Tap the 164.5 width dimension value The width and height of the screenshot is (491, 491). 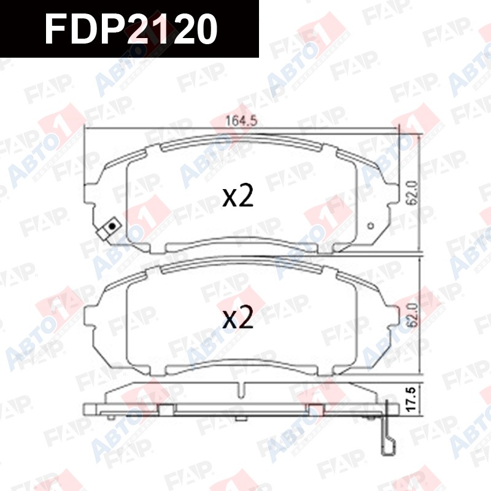pyautogui.click(x=241, y=120)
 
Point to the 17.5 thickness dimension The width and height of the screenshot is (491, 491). pyautogui.click(x=412, y=399)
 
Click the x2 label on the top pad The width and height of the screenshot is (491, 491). pyautogui.click(x=238, y=197)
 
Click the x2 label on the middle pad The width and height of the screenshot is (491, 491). pyautogui.click(x=238, y=319)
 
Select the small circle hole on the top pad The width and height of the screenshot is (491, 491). pyautogui.click(x=371, y=225)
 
